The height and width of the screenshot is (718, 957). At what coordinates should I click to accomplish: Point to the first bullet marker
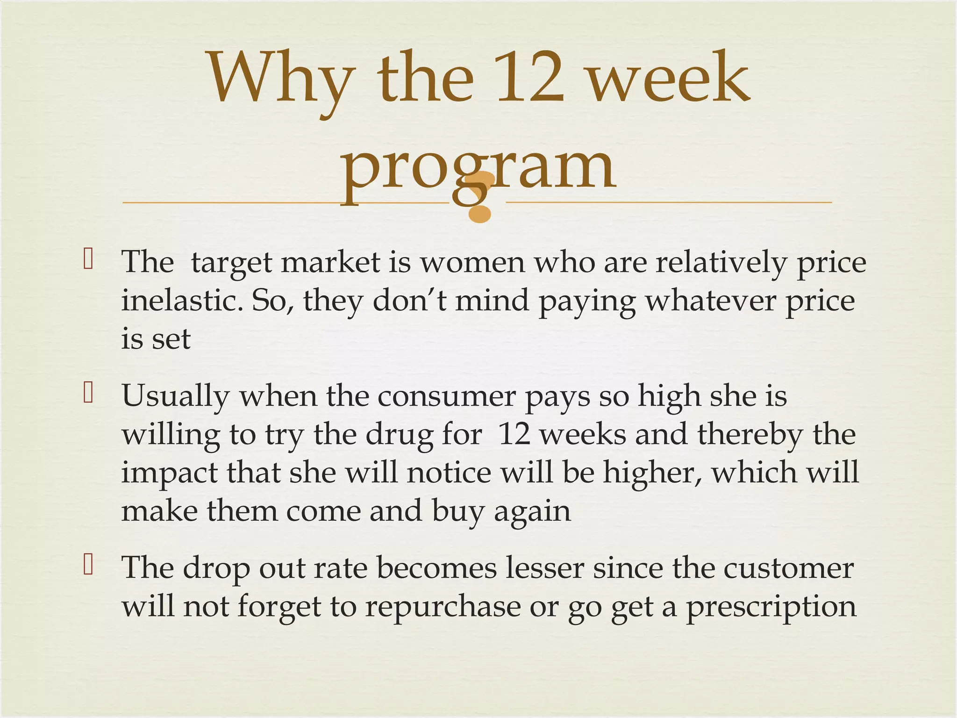[88, 259]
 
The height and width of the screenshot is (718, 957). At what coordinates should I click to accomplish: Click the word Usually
[176, 396]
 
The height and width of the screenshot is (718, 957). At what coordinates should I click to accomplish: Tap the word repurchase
[442, 606]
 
